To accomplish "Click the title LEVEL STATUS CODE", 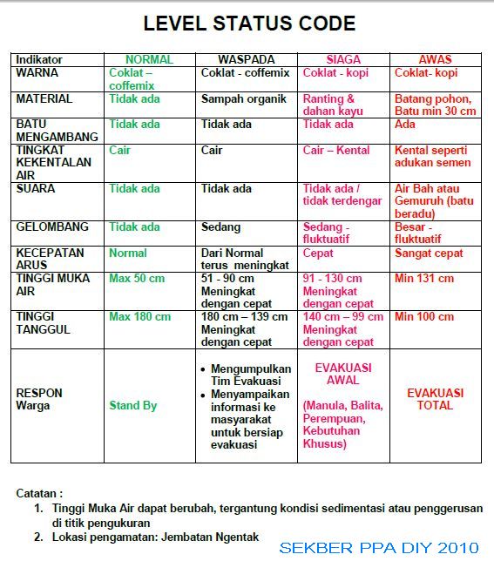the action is click(249, 24).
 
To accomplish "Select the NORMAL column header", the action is click(149, 60).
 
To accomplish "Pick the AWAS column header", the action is click(435, 60).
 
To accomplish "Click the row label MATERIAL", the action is click(44, 99).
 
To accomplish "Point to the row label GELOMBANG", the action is click(52, 226).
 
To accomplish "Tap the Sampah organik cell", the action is click(244, 99).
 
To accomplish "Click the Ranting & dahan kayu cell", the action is click(329, 105).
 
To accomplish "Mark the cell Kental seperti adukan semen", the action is click(432, 156).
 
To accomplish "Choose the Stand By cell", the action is click(133, 405).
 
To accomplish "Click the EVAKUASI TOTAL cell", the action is click(435, 399).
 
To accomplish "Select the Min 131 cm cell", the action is click(424, 279).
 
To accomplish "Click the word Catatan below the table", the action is click(39, 492).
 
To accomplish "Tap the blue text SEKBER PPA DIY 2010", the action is click(379, 548).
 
